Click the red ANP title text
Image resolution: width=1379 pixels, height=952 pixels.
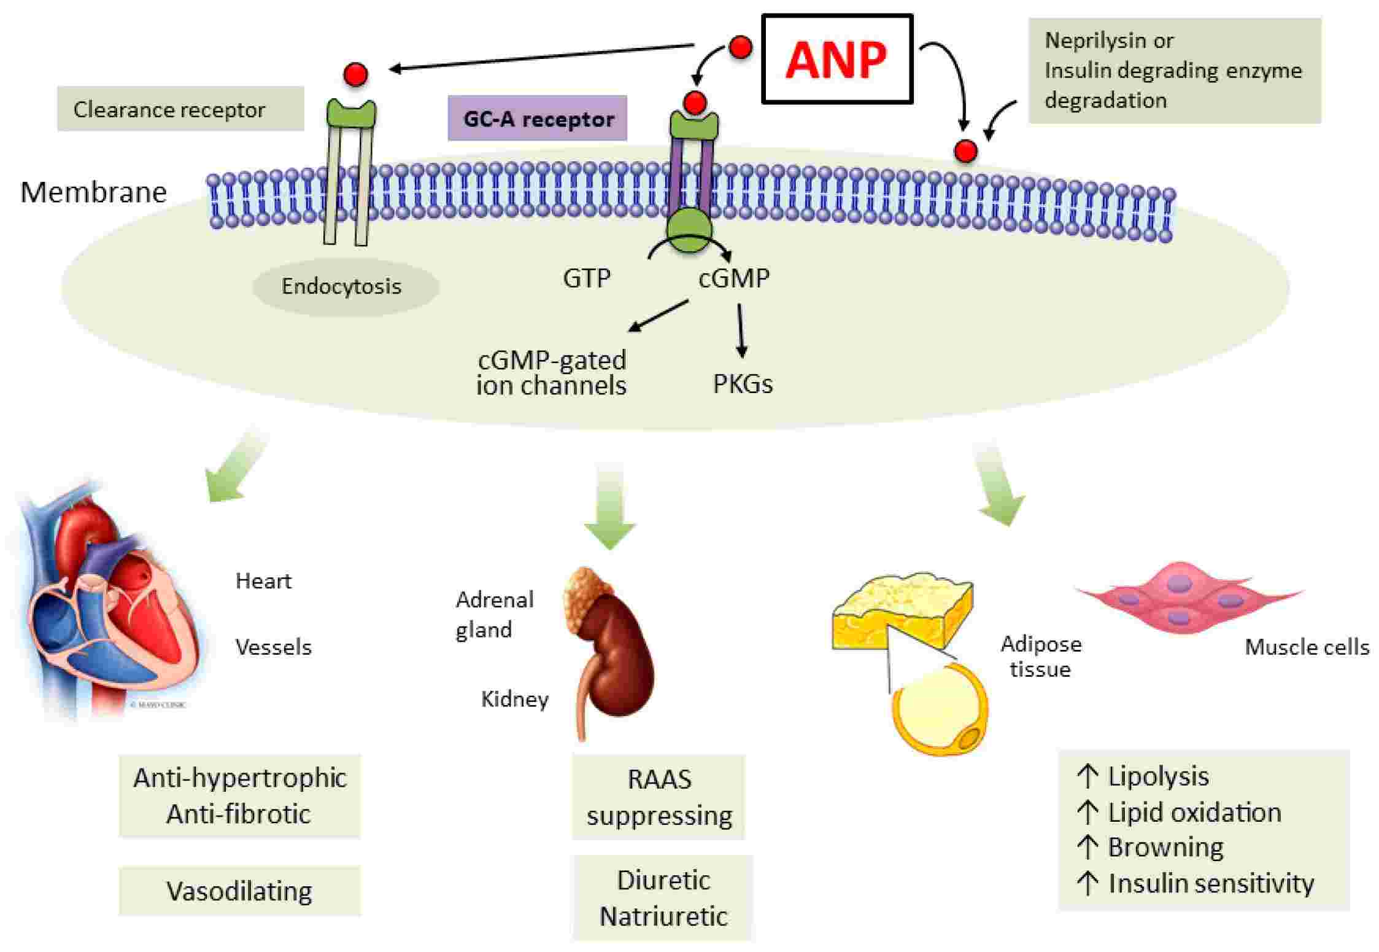[836, 60]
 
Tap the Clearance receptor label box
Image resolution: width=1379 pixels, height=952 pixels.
[180, 109]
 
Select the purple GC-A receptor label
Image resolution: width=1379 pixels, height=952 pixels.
[537, 119]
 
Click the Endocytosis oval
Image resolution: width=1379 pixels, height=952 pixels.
[345, 286]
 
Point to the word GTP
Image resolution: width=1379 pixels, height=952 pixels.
[586, 278]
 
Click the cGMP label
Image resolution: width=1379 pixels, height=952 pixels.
[733, 278]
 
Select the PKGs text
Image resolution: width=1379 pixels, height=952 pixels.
[742, 384]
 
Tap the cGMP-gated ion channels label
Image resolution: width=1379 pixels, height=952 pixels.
[551, 372]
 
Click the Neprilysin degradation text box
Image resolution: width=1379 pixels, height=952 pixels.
[1173, 71]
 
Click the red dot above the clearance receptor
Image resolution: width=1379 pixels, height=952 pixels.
[355, 74]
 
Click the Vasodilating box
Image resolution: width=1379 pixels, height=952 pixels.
[239, 891]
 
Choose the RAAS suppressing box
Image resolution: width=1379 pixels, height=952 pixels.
[659, 797]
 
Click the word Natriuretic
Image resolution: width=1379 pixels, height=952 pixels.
[663, 916]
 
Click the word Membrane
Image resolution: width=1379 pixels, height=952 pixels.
[93, 192]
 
